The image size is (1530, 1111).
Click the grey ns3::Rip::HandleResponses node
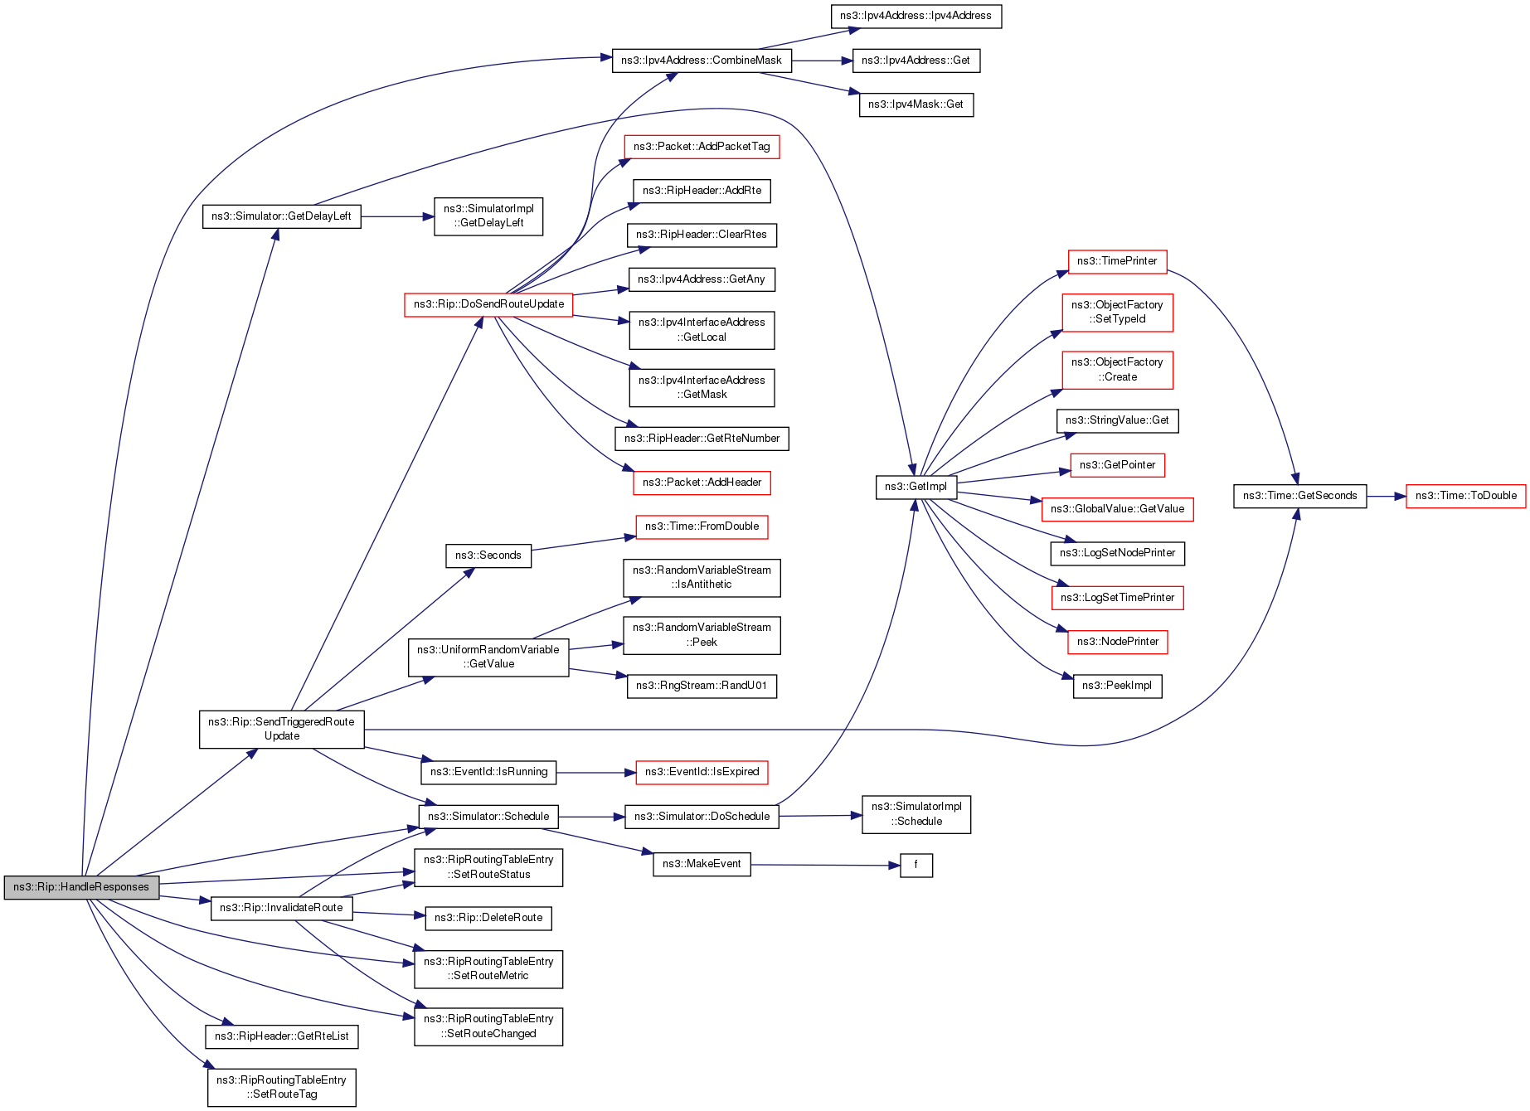pyautogui.click(x=81, y=887)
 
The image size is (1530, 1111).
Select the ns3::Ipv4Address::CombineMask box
pyautogui.click(x=702, y=61)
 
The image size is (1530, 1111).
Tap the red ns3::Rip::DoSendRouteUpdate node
pyautogui.click(x=488, y=304)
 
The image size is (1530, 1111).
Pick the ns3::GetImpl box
pyautogui.click(x=916, y=487)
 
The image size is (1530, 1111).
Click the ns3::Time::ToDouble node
pyautogui.click(x=1465, y=496)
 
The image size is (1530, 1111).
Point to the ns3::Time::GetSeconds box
pyautogui.click(x=1299, y=496)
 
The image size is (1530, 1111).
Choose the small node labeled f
pyautogui.click(x=916, y=865)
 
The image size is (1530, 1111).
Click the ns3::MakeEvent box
pyautogui.click(x=702, y=864)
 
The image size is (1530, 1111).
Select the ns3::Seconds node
pyautogui.click(x=488, y=555)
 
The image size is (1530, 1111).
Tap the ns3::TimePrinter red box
pyautogui.click(x=1117, y=261)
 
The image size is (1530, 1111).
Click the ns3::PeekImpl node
pyautogui.click(x=1117, y=686)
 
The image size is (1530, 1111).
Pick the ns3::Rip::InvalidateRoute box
pyautogui.click(x=281, y=908)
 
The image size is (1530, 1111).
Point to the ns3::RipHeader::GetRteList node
pyautogui.click(x=281, y=1036)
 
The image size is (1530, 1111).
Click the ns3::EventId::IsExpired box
pyautogui.click(x=702, y=772)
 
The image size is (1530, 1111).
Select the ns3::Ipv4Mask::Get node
pyautogui.click(x=916, y=104)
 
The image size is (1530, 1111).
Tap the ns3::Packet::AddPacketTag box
pyautogui.click(x=702, y=147)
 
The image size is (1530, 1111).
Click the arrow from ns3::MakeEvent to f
pyautogui.click(x=825, y=865)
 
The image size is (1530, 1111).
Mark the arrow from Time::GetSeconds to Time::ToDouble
pyautogui.click(x=1386, y=496)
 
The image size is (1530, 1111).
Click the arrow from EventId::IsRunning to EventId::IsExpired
pyautogui.click(x=595, y=772)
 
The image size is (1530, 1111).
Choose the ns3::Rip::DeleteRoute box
pyautogui.click(x=488, y=918)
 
